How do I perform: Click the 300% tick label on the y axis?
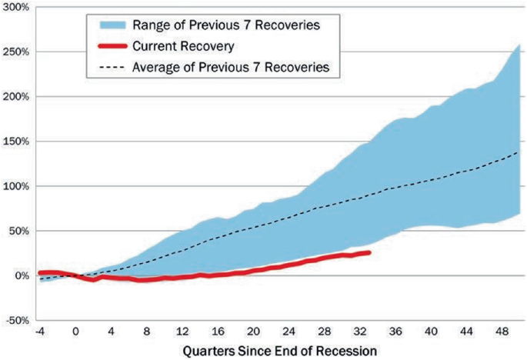point(15,7)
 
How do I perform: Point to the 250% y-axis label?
point(15,52)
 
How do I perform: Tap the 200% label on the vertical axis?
point(15,96)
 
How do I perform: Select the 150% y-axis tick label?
point(15,142)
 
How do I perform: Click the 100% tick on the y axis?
point(15,186)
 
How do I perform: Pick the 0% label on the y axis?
point(20,275)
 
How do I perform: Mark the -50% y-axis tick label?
point(15,320)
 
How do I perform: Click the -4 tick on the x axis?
point(40,332)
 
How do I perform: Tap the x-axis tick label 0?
point(75,332)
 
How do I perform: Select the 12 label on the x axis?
point(182,332)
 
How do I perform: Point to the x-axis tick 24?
point(289,332)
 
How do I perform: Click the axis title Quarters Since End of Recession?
point(280,350)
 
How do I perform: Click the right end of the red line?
point(370,252)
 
